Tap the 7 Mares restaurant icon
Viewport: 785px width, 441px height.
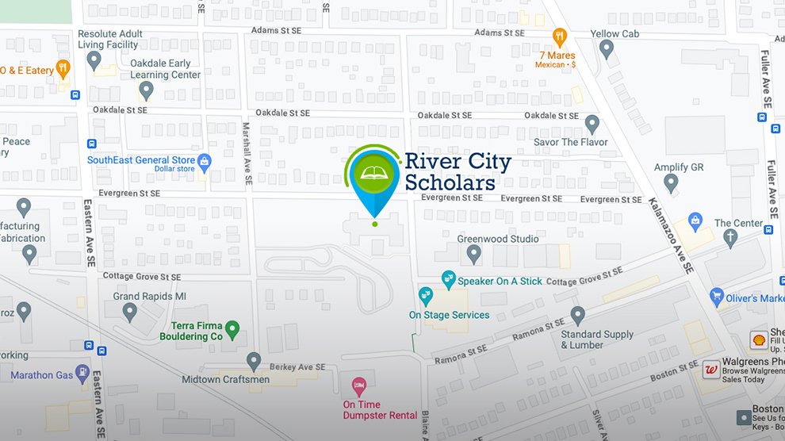(x=561, y=36)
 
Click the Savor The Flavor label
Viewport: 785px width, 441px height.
(x=570, y=143)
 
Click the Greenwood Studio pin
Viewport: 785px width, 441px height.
(x=474, y=254)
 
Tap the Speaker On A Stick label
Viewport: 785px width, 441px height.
(x=500, y=281)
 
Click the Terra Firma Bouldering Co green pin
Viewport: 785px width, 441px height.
(x=232, y=328)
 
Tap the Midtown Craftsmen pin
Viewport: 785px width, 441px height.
(x=254, y=362)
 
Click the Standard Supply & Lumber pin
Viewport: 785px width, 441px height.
(x=578, y=315)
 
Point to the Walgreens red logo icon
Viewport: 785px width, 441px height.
(x=711, y=370)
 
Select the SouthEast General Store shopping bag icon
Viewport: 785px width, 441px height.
(x=205, y=163)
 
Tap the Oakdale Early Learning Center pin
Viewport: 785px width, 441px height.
(x=146, y=90)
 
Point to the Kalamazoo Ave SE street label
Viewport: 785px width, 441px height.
(x=672, y=235)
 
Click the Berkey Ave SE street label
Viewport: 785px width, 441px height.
(x=298, y=367)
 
